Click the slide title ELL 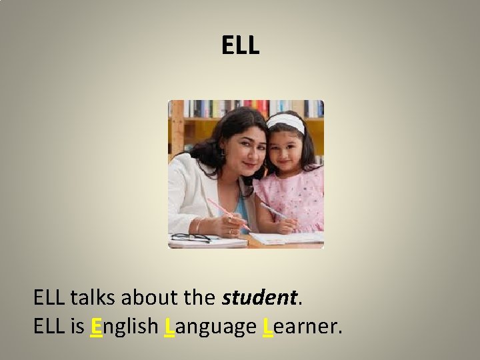[240, 45]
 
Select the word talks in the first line [90, 297]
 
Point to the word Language [210, 327]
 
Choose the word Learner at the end [302, 327]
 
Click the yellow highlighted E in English [97, 327]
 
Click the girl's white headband [285, 122]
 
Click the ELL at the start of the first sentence [49, 297]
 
